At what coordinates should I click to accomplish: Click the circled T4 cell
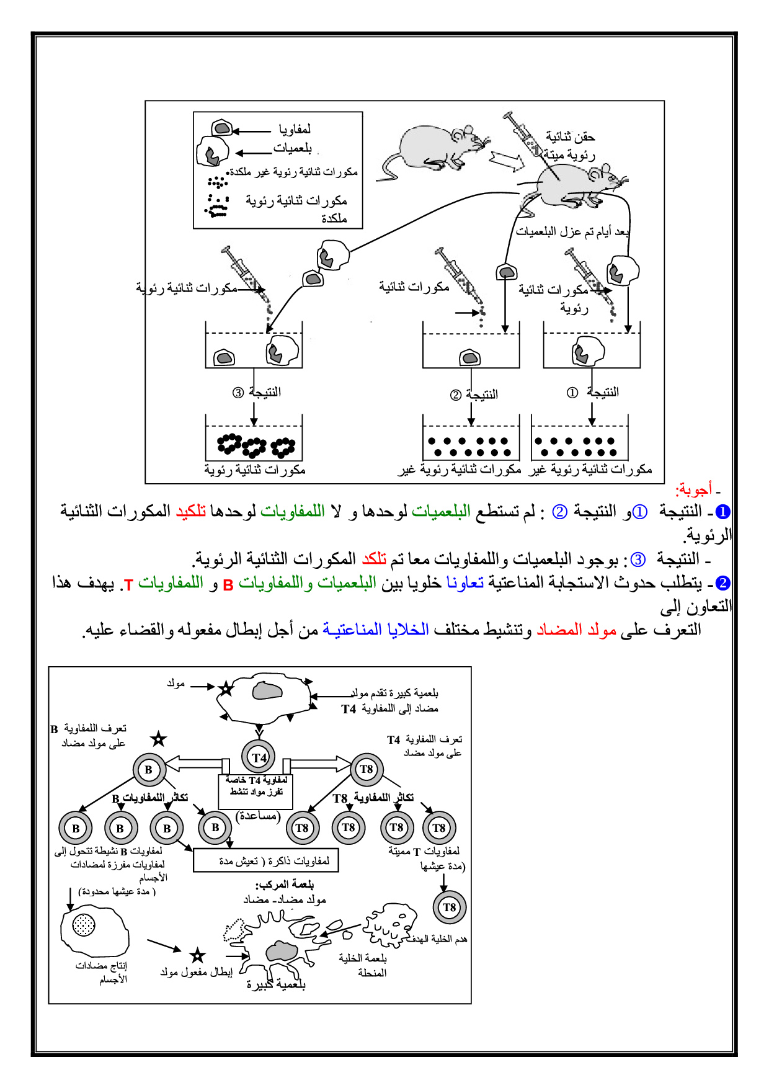click(259, 757)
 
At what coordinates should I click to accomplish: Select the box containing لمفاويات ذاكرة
click(265, 860)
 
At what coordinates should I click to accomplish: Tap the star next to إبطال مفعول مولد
click(197, 956)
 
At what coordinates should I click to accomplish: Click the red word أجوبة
click(693, 489)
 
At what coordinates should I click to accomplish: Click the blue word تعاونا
click(465, 582)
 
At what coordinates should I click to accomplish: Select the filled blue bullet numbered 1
click(722, 512)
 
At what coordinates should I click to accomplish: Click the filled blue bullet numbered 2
click(722, 583)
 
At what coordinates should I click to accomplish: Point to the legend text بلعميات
click(293, 148)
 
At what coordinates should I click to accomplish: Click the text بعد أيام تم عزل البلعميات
click(572, 231)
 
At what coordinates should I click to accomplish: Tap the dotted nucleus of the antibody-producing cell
click(84, 925)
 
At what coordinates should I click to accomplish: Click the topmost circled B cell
click(149, 770)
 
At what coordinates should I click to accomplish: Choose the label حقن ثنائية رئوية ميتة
click(569, 146)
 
